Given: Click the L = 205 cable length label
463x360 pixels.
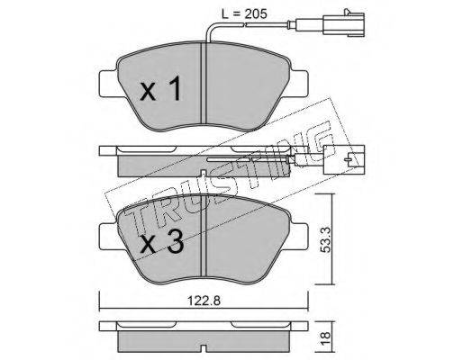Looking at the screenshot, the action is click(x=244, y=13).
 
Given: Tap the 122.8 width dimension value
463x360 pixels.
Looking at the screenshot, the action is click(x=204, y=301).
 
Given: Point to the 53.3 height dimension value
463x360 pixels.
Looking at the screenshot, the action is click(x=325, y=239).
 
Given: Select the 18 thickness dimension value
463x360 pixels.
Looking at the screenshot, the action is click(x=325, y=338).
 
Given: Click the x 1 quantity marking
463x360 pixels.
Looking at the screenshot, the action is click(x=160, y=88).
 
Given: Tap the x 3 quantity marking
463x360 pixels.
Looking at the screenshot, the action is click(x=161, y=243).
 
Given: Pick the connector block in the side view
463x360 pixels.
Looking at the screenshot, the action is click(x=344, y=159).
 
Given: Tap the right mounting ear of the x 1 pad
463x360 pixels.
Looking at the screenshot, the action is click(x=298, y=84).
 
